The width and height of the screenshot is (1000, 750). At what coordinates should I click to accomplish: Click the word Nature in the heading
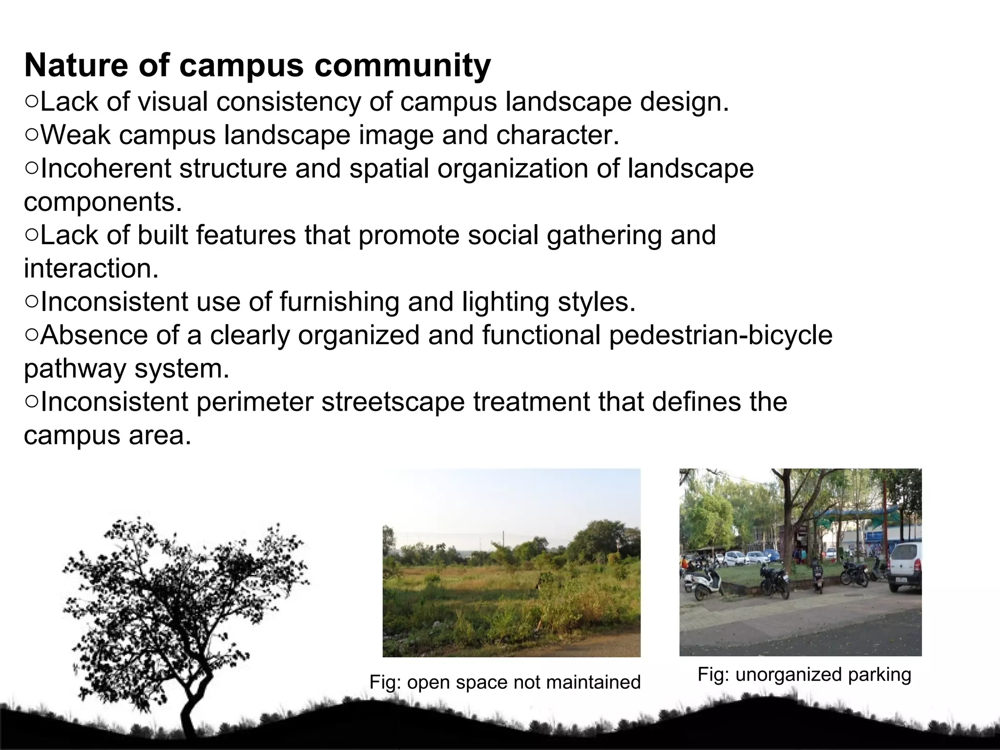77,65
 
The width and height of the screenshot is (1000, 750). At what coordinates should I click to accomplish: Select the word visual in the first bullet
173,102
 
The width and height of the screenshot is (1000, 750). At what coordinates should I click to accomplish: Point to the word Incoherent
105,168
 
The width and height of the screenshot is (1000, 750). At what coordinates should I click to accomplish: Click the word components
103,202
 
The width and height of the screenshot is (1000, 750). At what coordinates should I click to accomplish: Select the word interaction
91,269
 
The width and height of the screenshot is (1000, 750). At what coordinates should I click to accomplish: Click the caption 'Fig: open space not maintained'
505,682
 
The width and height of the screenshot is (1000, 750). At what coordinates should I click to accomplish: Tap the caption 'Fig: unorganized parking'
804,674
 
